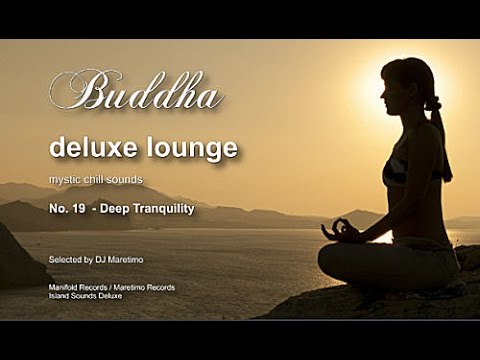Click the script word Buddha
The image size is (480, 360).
coord(135,92)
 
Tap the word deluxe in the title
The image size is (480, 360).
coord(89,149)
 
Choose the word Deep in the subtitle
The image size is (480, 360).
coord(110,210)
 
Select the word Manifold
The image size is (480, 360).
coord(65,287)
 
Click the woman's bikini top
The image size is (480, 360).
coord(395,172)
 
